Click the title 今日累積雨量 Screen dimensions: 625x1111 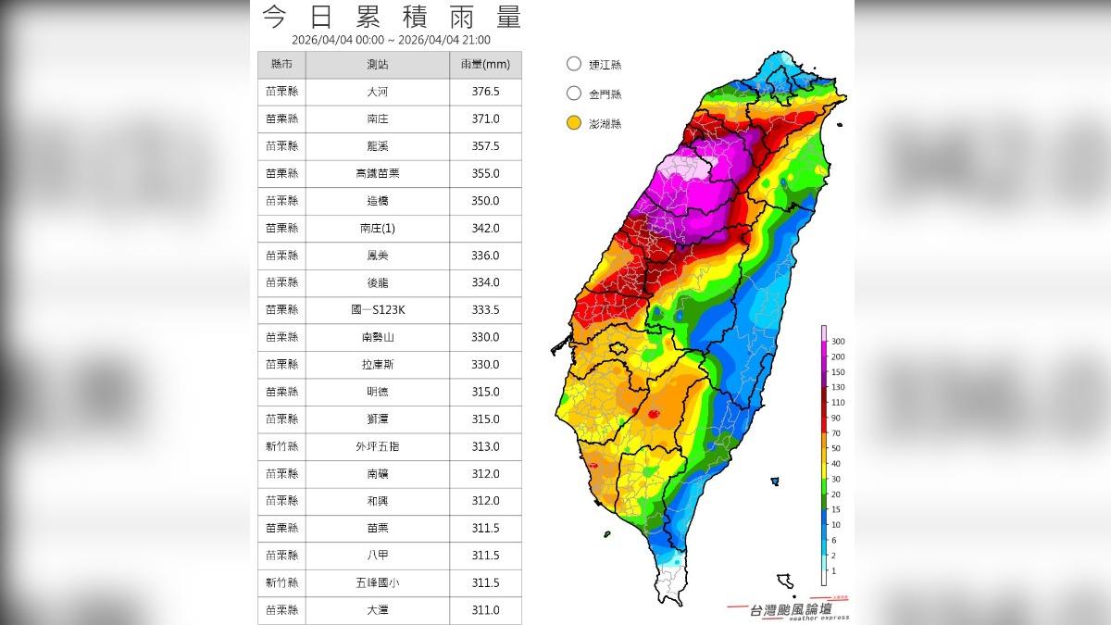coord(391,17)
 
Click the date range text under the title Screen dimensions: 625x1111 coord(391,40)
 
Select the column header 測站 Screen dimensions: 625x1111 coord(377,65)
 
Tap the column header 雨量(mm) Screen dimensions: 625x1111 coord(485,65)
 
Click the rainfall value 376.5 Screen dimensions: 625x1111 coord(485,92)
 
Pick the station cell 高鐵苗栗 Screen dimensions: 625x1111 coord(377,173)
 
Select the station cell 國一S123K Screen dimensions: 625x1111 coord(377,310)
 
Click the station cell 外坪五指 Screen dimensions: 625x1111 coord(377,446)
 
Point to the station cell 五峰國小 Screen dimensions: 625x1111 coord(377,582)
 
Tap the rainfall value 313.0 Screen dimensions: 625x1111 coord(485,446)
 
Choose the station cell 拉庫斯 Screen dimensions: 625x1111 coord(377,365)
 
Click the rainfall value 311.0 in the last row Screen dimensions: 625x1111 coord(485,609)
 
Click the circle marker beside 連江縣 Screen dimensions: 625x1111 coord(574,64)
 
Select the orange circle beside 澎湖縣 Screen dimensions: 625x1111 coord(574,122)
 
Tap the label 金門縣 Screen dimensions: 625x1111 coord(605,94)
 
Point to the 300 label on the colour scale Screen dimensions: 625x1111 coord(838,342)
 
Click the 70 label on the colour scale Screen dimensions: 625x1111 coord(836,432)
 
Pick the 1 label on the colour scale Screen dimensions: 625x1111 coord(833,570)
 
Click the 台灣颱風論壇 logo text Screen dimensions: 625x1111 coord(793,608)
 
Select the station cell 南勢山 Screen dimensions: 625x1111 coord(377,337)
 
